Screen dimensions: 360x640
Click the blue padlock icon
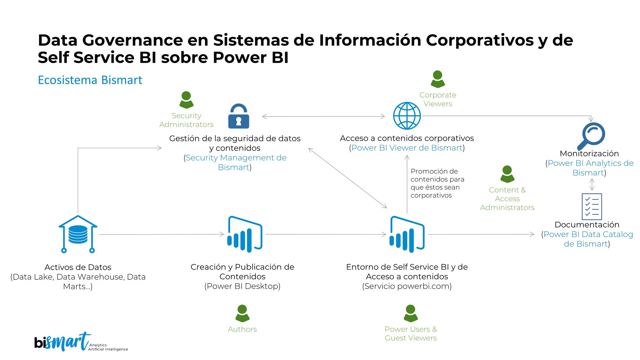click(238, 116)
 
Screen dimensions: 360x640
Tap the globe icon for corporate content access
click(407, 116)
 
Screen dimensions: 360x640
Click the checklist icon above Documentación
click(592, 206)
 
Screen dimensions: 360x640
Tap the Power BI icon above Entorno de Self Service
click(407, 234)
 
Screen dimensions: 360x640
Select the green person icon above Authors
click(242, 313)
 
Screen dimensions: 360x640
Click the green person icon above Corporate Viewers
click(437, 79)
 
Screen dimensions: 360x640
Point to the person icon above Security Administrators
click(186, 100)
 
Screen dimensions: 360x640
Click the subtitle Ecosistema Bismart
click(90, 80)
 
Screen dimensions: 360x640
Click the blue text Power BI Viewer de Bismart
click(407, 148)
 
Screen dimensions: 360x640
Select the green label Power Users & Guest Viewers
click(411, 333)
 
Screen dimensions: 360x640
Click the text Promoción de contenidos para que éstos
click(437, 183)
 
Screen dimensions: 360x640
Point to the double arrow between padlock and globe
click(323, 116)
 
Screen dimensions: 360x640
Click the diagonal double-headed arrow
click(348, 178)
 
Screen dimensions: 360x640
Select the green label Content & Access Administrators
click(507, 199)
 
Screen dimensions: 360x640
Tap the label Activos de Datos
click(78, 267)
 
